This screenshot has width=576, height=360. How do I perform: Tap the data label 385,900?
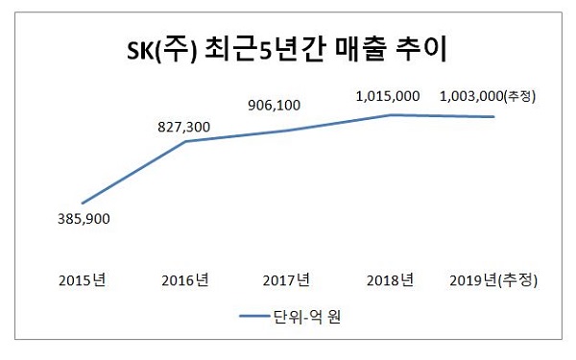84,219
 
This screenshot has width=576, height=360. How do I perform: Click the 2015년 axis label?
83,281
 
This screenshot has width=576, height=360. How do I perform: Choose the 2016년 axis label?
185,281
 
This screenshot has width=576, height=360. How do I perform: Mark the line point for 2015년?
84,203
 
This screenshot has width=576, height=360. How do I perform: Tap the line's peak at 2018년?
391,115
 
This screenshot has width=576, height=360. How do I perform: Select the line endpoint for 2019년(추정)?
493,117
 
